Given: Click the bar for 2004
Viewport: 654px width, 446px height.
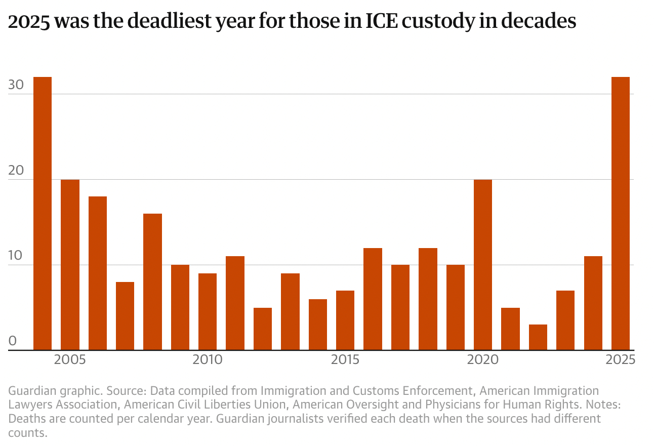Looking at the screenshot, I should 43,213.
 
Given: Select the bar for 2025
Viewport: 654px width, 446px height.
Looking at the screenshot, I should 621,213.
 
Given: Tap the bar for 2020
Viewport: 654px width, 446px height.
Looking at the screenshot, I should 483,264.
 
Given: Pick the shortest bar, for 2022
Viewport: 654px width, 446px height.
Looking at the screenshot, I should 538,337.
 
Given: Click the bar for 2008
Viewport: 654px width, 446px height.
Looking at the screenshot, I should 152,281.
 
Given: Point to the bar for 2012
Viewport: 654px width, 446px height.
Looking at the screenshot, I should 263,329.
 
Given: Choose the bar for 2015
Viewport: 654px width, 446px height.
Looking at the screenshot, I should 345,320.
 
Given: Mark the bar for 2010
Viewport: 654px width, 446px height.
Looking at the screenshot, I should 208,311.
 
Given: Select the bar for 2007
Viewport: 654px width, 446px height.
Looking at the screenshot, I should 125,316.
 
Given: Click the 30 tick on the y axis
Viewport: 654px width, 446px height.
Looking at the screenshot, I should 16,85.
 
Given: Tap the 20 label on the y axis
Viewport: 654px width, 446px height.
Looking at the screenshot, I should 16,171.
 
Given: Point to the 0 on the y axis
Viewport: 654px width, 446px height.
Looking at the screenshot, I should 13,342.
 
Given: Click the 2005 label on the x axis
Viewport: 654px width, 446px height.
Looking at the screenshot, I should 70,360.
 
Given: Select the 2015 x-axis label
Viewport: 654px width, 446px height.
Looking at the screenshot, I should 345,360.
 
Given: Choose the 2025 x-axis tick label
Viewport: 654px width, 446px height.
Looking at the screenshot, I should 621,360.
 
